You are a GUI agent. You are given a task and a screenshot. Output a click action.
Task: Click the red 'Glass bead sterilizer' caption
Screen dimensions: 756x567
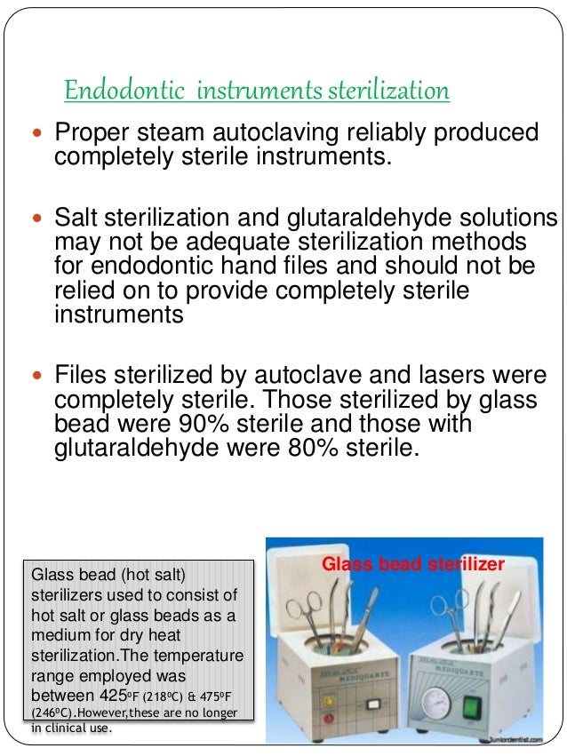(x=412, y=564)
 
